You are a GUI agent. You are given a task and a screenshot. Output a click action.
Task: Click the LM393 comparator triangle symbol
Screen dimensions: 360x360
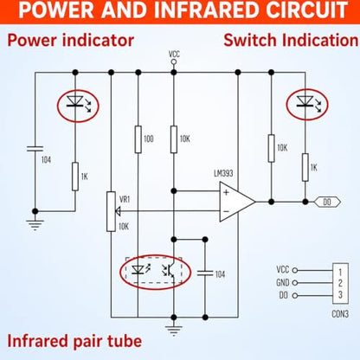(237, 202)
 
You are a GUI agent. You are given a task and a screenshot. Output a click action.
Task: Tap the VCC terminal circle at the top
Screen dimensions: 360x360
(173, 61)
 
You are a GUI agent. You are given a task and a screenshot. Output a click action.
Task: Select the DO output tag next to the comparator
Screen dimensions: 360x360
(327, 202)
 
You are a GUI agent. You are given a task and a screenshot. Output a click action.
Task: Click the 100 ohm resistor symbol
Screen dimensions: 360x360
(138, 139)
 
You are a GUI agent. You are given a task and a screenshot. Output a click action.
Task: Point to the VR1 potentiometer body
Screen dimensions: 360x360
(111, 211)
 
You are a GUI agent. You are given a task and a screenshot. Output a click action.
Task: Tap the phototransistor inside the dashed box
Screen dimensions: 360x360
(169, 270)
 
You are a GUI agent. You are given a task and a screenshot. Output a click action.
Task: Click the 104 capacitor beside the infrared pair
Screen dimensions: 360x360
(205, 273)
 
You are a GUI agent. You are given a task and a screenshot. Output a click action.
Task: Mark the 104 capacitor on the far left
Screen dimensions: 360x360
(35, 149)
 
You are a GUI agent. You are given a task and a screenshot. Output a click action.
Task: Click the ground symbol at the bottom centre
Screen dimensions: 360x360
(173, 330)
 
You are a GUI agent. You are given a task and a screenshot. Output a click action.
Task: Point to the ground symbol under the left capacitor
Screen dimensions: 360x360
(35, 225)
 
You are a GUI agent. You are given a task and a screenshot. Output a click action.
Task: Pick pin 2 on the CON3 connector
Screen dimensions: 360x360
(340, 283)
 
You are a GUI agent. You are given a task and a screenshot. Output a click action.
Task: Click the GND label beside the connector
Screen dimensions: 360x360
(282, 282)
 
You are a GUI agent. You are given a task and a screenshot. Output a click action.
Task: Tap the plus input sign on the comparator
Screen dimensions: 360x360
(226, 192)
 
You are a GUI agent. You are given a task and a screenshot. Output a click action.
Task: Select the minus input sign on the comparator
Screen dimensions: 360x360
(226, 211)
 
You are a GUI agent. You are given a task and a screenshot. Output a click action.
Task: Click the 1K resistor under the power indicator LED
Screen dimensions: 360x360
(75, 177)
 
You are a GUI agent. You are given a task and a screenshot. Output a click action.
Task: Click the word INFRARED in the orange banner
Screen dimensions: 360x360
(208, 10)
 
